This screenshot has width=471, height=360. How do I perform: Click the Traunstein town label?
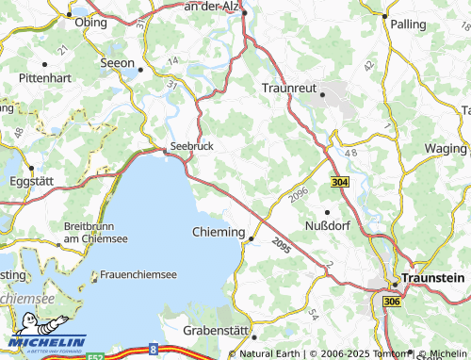[x=432, y=278]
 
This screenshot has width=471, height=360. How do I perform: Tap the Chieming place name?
[x=219, y=232]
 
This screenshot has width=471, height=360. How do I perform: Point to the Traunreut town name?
[x=289, y=87]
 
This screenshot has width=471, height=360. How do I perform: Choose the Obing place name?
[x=90, y=22]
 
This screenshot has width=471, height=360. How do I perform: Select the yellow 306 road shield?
[x=391, y=299]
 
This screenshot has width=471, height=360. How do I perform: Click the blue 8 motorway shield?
[x=154, y=350]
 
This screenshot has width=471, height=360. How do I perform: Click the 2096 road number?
[x=300, y=194]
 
